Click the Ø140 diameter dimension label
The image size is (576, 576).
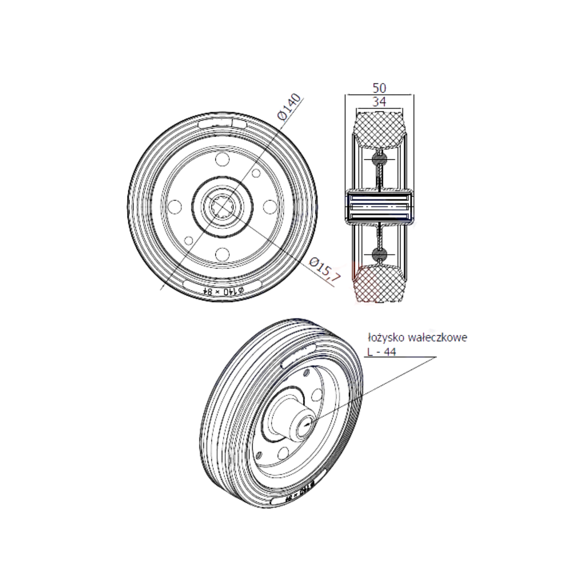click(289, 106)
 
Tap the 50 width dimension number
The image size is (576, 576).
click(379, 88)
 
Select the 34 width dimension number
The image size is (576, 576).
click(379, 102)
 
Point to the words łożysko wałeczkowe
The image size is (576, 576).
click(417, 338)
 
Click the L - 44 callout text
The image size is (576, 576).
click(381, 352)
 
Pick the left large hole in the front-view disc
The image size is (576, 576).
click(175, 206)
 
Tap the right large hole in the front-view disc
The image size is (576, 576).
click(270, 206)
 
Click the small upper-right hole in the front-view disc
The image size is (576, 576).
click(256, 173)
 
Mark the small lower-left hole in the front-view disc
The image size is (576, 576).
click(189, 240)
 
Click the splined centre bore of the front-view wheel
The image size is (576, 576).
click(222, 206)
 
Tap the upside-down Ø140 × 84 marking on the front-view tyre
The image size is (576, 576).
click(223, 291)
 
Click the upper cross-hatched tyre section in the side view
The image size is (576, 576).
click(379, 128)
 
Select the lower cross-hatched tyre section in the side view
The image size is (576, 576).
click(379, 284)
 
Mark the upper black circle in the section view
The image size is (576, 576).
click(379, 159)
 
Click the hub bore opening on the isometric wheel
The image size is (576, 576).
click(307, 426)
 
